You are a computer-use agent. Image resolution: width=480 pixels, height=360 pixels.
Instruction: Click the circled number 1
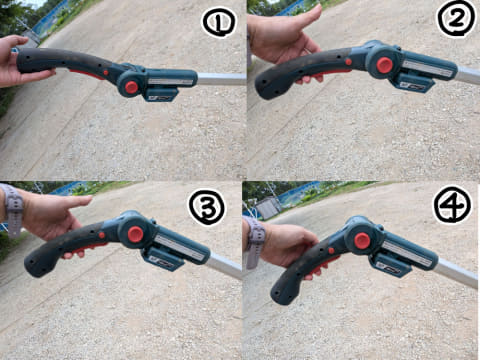tap(219, 23)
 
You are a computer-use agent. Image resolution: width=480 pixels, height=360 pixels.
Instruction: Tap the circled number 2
tap(457, 19)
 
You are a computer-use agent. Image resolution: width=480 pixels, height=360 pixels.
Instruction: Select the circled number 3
tap(207, 207)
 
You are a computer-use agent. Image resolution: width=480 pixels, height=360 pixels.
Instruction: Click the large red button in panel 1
tap(132, 87)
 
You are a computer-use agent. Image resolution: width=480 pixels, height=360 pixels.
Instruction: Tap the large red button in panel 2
tap(385, 65)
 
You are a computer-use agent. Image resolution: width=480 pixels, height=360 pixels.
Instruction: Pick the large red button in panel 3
tap(135, 234)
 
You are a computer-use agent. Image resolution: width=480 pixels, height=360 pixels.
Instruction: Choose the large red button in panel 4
tap(362, 241)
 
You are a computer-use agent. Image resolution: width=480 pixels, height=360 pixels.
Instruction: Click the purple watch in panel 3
tap(13, 210)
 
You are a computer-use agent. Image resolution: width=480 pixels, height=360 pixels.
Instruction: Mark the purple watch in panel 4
tap(255, 242)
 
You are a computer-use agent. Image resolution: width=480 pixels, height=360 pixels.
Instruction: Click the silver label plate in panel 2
tap(428, 69)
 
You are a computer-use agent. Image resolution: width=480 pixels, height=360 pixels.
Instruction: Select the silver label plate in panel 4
tap(408, 253)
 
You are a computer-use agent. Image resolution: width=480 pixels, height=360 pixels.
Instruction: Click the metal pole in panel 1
tap(222, 79)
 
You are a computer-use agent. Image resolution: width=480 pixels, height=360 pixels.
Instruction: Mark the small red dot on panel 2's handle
tap(348, 62)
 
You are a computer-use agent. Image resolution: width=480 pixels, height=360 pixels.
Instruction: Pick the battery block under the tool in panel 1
tap(160, 95)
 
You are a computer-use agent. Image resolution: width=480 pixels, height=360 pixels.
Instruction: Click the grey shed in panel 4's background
tap(268, 208)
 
